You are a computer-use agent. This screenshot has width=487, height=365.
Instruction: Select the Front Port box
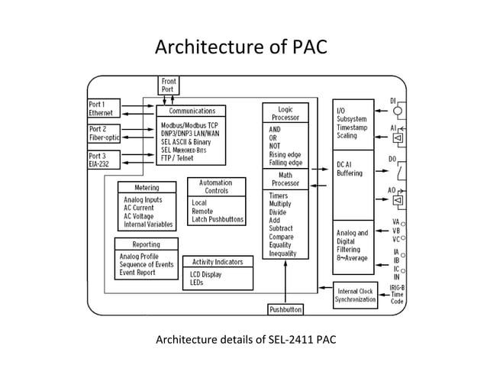pyautogui.click(x=169, y=86)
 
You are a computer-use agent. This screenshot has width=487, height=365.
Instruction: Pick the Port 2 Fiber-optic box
pyautogui.click(x=103, y=134)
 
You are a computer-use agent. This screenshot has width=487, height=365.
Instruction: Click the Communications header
pyautogui.click(x=192, y=111)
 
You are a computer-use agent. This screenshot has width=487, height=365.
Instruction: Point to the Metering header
pyautogui.click(x=147, y=187)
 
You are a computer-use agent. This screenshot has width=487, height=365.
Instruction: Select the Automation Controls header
pyautogui.click(x=217, y=187)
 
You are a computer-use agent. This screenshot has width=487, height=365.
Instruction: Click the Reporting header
pyautogui.click(x=147, y=244)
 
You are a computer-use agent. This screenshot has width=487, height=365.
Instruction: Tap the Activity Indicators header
pyautogui.click(x=218, y=262)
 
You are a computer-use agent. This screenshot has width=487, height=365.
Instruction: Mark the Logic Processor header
pyautogui.click(x=285, y=113)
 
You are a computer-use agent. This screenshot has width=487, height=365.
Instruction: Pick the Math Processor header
pyautogui.click(x=285, y=179)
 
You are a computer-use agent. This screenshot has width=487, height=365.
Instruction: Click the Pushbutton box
pyautogui.click(x=285, y=309)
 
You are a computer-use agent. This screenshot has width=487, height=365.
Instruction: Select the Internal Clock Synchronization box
pyautogui.click(x=355, y=295)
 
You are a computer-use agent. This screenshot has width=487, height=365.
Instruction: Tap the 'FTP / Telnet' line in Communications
pyautogui.click(x=182, y=160)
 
